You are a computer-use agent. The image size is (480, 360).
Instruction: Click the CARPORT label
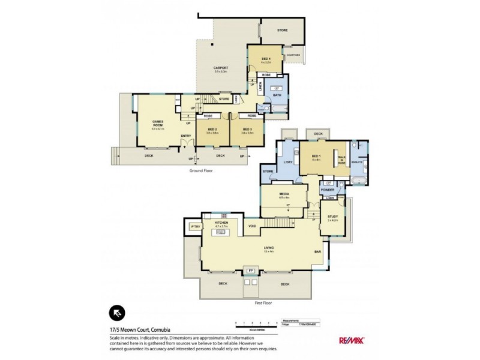(x=220, y=68)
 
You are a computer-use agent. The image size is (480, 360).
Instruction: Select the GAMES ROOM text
(x=158, y=123)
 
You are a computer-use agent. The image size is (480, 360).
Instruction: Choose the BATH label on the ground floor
(x=277, y=95)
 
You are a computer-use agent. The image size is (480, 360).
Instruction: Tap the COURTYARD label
(x=293, y=55)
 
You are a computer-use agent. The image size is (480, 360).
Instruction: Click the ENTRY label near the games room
(x=186, y=136)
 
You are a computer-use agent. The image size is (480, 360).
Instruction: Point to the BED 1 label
(x=316, y=157)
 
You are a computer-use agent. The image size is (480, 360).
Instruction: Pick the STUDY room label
(x=332, y=218)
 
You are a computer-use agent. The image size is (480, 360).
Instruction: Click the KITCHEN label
(x=221, y=223)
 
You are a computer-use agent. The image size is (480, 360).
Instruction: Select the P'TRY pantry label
(x=194, y=226)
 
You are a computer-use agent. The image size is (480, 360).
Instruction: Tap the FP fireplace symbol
(x=250, y=271)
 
